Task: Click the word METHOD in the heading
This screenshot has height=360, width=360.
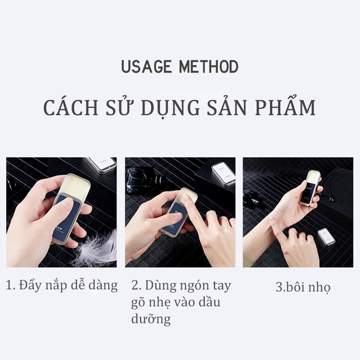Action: click(209, 67)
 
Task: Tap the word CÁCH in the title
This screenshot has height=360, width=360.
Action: click(68, 108)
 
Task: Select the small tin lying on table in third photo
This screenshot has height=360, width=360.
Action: click(326, 236)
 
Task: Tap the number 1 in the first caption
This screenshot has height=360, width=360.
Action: click(9, 285)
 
